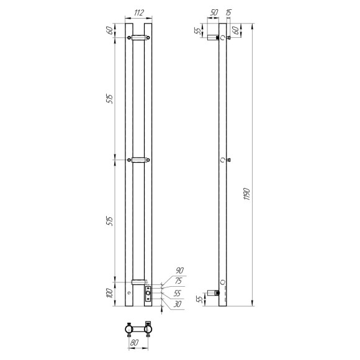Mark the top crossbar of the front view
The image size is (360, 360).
point(138,37)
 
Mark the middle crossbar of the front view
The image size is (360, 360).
point(138,160)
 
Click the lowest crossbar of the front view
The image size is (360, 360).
point(138,282)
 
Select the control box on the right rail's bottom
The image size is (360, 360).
point(148,294)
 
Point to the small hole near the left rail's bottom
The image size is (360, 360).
point(129,292)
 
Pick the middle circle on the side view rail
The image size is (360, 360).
point(223,160)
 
